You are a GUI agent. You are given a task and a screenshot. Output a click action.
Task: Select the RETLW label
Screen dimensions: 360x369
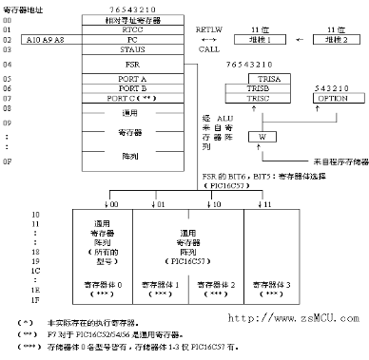coord(207,29)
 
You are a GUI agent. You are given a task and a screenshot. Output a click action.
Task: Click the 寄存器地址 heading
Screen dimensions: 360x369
coord(22,7)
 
